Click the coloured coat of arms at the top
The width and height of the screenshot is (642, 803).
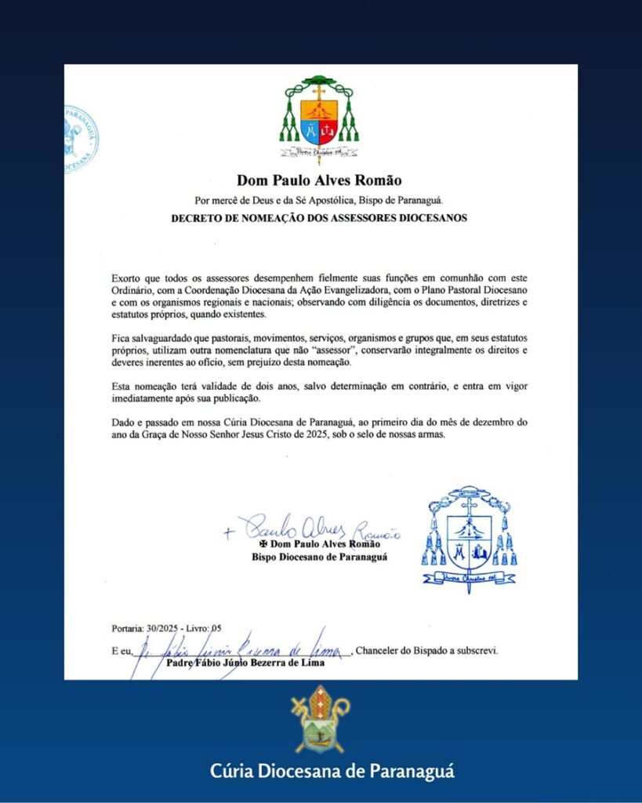[x=319, y=118]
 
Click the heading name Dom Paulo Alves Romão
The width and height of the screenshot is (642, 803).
[x=319, y=182]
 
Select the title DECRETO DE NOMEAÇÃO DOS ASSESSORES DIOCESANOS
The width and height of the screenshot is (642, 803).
[x=319, y=218]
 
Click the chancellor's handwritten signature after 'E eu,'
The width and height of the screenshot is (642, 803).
[x=243, y=647]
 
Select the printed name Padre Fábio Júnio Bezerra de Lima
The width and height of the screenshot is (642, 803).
[x=246, y=663]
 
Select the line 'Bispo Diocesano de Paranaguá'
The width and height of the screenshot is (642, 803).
[x=319, y=557]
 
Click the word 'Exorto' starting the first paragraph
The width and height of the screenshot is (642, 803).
[x=127, y=278]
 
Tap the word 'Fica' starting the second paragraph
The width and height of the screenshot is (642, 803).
[x=122, y=337]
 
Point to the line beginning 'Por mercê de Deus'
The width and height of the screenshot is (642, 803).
[x=319, y=200]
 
